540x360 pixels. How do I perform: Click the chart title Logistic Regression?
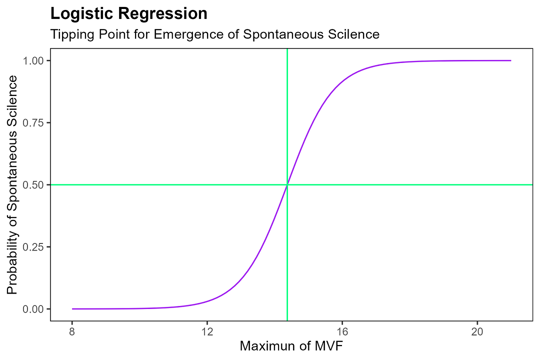(x=129, y=14)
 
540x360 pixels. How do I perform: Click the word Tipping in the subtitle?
(x=68, y=34)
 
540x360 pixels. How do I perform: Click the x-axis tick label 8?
(x=72, y=331)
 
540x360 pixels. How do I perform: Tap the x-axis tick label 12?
(x=207, y=331)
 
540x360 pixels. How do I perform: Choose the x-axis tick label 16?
(x=342, y=331)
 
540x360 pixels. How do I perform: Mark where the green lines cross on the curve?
(x=287, y=185)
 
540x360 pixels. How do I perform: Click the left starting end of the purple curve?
(x=72, y=309)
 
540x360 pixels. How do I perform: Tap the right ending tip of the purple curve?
(x=510, y=60)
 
